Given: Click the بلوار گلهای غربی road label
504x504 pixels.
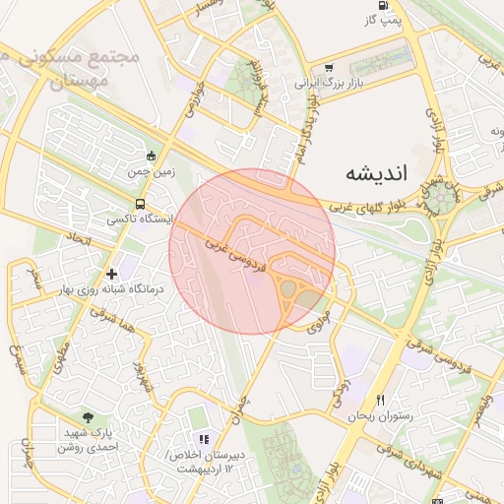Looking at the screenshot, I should point(367,208).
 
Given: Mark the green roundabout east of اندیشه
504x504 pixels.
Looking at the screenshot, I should point(435,204).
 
